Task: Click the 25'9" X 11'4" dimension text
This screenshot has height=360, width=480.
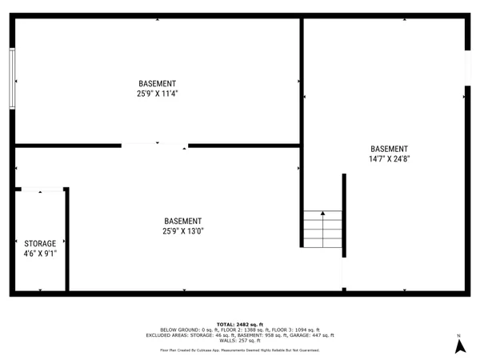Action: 157,94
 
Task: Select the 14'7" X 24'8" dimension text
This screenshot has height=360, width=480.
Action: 389,158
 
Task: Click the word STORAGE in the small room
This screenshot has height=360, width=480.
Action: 40,243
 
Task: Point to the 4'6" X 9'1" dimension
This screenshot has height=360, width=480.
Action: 40,253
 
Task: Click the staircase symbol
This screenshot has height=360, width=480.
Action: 322,229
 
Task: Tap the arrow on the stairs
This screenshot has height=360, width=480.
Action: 322,215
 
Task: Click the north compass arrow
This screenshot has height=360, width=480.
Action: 459,346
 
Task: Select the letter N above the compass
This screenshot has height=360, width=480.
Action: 459,335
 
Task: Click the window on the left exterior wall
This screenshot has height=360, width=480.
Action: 12,78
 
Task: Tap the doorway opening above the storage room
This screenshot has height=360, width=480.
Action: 40,190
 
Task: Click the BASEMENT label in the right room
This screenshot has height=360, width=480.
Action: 389,149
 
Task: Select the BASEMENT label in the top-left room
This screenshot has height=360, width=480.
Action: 157,83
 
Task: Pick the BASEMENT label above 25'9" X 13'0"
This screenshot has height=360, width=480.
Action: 183,221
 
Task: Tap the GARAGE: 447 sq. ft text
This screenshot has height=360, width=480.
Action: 313,335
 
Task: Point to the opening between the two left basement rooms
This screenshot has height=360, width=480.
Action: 154,146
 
